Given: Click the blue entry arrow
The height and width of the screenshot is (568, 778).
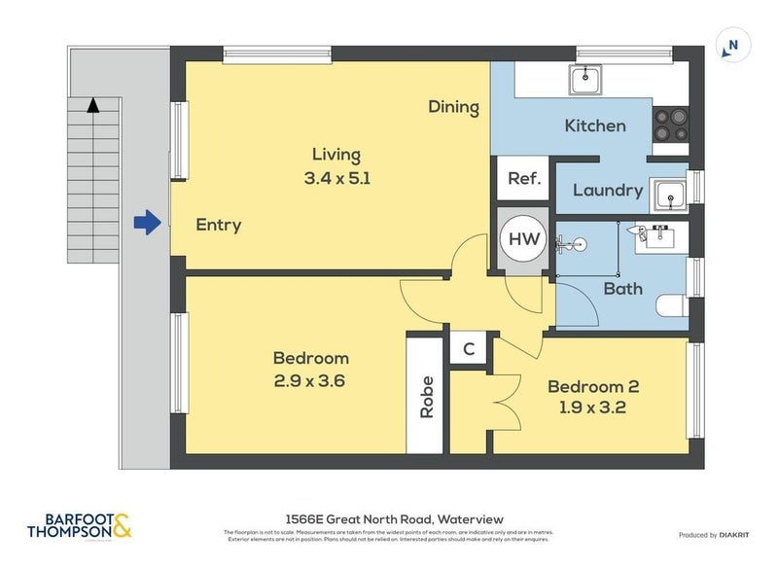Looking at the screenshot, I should [146, 224].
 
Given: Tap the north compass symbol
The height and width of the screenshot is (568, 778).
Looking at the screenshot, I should [731, 45].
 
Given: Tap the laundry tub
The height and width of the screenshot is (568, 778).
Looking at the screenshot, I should [670, 195].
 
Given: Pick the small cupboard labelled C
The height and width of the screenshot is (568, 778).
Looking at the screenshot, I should [468, 349].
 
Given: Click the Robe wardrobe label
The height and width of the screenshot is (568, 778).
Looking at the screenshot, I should [426, 396].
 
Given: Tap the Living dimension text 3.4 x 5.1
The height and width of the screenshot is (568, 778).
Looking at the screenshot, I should [336, 178].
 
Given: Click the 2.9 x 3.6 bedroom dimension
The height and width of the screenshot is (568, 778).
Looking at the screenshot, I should [310, 381].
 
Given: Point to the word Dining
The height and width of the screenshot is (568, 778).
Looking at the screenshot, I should [454, 107].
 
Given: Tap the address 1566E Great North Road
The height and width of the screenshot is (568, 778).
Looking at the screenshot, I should [389, 519].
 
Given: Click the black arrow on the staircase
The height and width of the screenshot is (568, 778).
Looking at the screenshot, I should [92, 105].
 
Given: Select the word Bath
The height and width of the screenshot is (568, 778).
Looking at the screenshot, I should [622, 289].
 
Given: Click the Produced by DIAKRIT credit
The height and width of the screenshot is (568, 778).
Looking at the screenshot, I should [720, 535].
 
